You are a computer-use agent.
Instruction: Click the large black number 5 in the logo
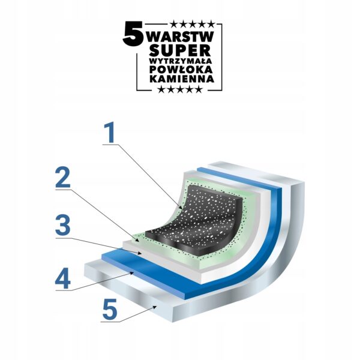133,34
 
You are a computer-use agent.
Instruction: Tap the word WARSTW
181,37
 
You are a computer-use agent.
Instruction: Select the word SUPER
180,50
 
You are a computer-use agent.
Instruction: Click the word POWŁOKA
181,70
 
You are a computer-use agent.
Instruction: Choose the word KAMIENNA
182,79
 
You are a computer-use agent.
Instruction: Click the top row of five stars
193,24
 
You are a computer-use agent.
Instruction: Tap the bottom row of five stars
180,89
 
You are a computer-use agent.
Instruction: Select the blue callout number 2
63,177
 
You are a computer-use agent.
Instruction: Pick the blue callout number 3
63,226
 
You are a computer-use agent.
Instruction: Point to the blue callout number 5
110,309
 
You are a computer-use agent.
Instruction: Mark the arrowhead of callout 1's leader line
182,207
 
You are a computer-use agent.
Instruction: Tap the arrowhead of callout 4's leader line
132,273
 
